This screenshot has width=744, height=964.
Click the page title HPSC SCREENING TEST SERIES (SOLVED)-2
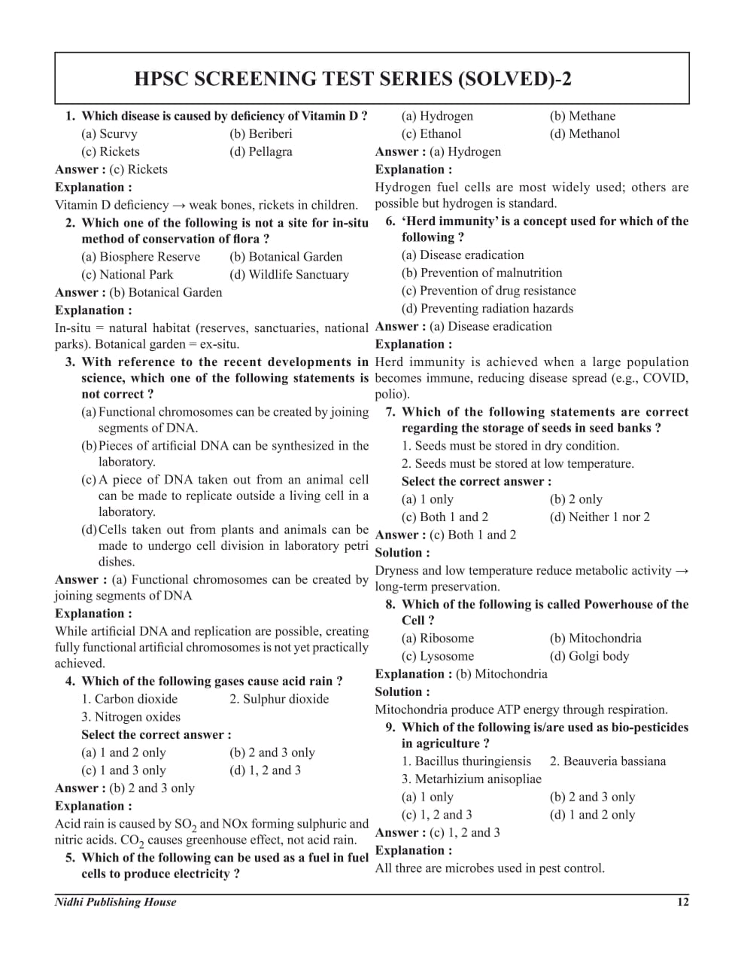(352, 79)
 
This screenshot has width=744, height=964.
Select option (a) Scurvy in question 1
(109, 134)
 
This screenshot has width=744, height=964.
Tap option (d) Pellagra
(260, 152)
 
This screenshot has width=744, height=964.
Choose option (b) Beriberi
(260, 134)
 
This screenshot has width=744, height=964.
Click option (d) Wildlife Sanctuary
(289, 275)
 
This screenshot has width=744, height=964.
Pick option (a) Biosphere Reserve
(141, 257)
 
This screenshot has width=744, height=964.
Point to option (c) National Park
(127, 275)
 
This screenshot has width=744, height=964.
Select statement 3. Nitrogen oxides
(131, 717)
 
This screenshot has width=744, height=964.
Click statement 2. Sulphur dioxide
(279, 699)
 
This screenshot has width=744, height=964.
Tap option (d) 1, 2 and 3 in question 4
(265, 770)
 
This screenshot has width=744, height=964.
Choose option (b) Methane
(582, 116)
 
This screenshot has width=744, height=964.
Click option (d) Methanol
(585, 134)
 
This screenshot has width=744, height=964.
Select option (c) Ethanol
(431, 134)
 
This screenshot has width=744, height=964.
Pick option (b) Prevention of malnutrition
(481, 273)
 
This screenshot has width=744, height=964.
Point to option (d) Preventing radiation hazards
(487, 309)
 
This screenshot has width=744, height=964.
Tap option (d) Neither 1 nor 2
(600, 517)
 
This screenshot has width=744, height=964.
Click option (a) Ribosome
(438, 639)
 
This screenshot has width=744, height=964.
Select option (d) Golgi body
(589, 657)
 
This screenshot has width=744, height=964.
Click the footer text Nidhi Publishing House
(116, 902)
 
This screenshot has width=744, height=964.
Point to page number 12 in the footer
(682, 902)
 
